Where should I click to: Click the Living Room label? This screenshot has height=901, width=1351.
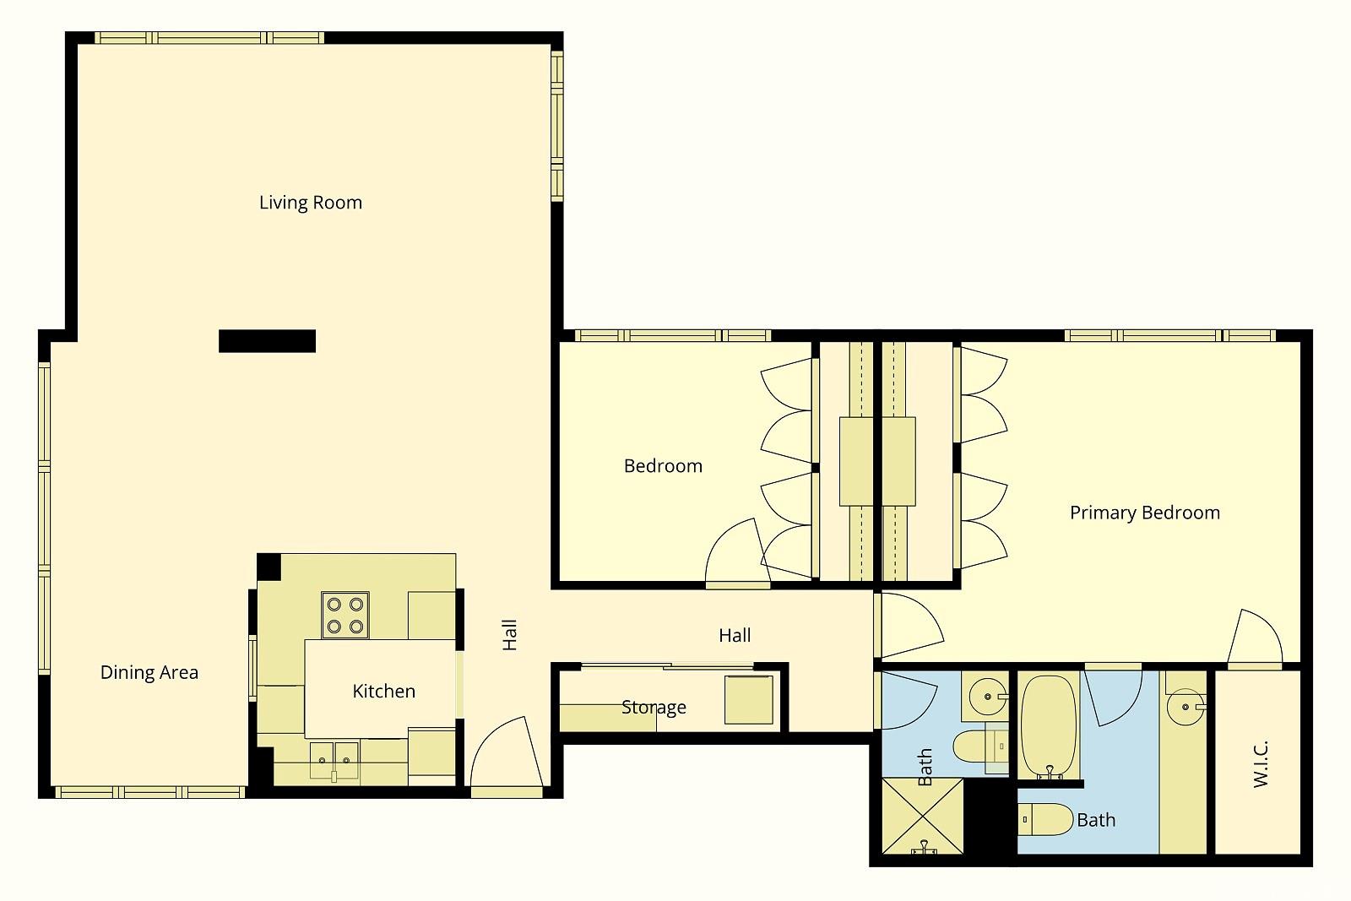311,203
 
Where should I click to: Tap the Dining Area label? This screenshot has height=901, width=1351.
149,672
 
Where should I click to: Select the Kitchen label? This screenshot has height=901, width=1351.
383,691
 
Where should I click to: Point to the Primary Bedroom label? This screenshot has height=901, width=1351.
1145,513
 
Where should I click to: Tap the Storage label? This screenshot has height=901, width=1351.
654,708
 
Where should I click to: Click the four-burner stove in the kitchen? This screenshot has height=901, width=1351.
345,615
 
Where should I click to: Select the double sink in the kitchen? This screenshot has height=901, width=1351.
334,761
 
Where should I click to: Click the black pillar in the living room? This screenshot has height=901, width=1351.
267,341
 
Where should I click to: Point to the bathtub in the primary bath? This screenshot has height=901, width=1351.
1049,726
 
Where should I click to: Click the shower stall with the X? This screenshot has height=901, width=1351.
923,816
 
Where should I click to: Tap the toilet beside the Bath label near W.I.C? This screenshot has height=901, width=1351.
1046,819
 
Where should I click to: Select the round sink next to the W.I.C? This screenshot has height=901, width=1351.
1186,707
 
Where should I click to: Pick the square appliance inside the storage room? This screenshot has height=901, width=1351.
748,699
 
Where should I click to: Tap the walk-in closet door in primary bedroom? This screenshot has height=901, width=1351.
1255,637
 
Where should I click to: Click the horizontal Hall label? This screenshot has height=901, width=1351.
735,635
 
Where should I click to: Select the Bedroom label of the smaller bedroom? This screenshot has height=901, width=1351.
663,466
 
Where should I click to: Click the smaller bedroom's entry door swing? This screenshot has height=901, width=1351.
737,551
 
